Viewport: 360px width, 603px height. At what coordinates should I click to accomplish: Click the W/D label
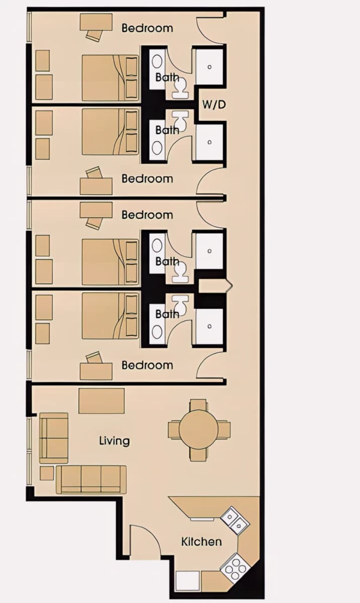(214, 105)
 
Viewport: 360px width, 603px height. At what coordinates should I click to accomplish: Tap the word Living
(115, 441)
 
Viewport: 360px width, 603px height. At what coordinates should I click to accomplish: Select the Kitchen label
(202, 542)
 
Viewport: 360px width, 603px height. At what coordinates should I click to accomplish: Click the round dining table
(199, 429)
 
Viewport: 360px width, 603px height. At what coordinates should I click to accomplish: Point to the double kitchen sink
(234, 522)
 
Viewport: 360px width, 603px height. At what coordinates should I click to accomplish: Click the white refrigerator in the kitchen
(188, 581)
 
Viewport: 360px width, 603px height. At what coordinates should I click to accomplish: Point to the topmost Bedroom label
(147, 28)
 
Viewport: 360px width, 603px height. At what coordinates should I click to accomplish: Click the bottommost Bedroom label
(147, 365)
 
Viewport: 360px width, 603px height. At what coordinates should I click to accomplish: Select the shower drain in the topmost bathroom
(210, 66)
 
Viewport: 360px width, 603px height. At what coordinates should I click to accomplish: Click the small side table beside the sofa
(47, 473)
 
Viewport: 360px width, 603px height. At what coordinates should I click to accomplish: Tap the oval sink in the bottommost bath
(157, 331)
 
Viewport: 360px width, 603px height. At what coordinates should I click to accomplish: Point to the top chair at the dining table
(198, 405)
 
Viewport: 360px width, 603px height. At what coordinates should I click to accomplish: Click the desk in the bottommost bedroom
(96, 371)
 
